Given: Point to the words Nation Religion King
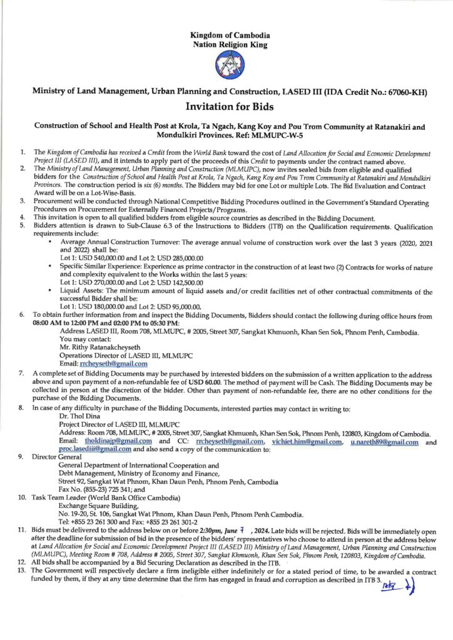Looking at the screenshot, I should pyautogui.click(x=226, y=45).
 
